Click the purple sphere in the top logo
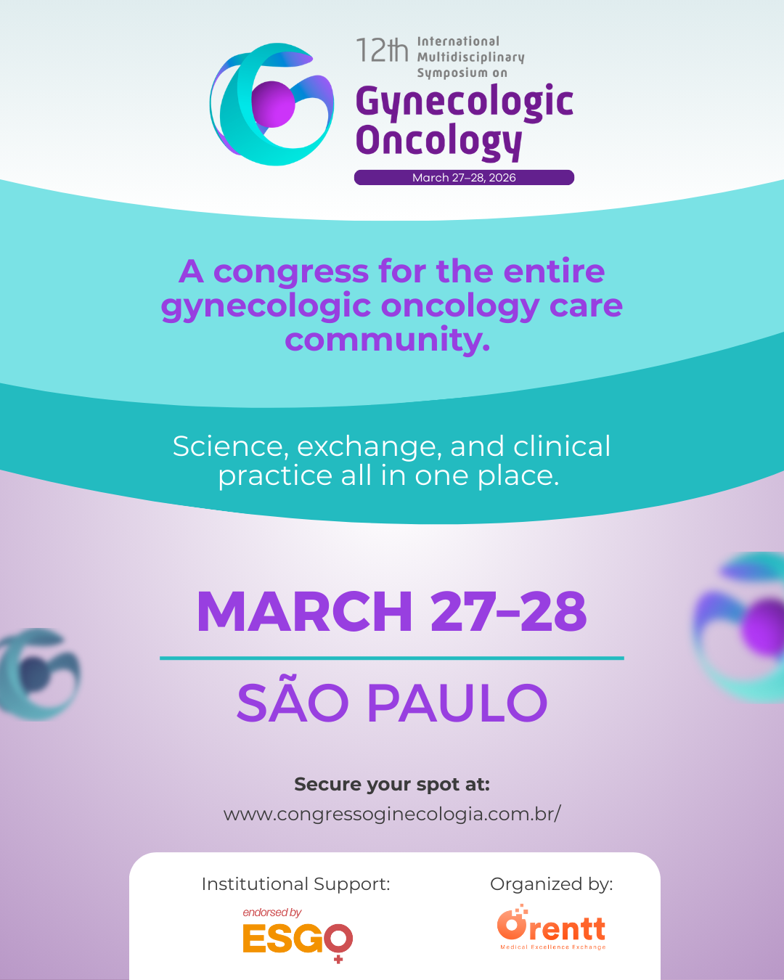click(273, 105)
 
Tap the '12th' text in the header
click(382, 50)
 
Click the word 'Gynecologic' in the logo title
click(464, 102)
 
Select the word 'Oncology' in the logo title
click(438, 142)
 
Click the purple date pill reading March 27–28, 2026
click(464, 178)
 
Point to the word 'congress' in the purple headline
click(290, 271)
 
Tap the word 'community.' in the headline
click(387, 340)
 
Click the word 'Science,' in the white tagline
click(231, 446)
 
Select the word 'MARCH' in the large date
click(304, 611)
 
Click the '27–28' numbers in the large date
click(508, 611)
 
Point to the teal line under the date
click(392, 658)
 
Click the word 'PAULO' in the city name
click(457, 703)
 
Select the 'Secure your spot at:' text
click(392, 785)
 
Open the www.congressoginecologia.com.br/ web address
click(392, 814)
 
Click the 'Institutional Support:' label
click(296, 884)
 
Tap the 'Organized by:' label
click(552, 884)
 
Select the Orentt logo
click(552, 927)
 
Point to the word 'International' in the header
click(458, 41)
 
